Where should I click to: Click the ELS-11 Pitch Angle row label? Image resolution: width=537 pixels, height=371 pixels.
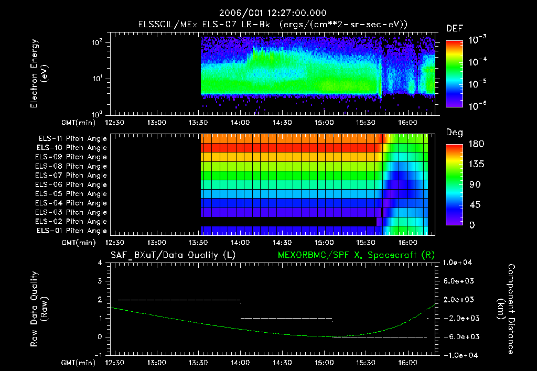pos(72,138)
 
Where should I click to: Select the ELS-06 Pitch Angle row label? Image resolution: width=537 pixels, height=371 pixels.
pos(72,184)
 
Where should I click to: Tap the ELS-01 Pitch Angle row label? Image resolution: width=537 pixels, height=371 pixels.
pos(72,231)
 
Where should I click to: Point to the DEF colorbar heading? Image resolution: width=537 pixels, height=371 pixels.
pos(454,28)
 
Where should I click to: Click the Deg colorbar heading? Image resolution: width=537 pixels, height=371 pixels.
pos(454,133)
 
